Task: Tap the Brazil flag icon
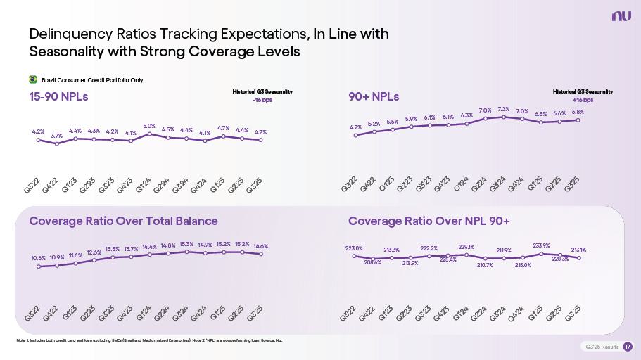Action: tap(32, 79)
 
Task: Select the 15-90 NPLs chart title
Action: tap(58, 96)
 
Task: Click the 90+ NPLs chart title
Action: tap(374, 96)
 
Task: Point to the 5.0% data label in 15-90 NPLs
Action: tap(149, 126)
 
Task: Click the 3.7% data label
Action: tap(56, 136)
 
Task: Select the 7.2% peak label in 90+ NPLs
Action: tap(504, 109)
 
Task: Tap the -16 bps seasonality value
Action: tap(262, 100)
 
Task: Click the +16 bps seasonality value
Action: tap(583, 100)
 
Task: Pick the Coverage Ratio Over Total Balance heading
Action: tap(123, 221)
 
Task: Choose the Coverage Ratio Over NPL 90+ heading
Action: tap(429, 221)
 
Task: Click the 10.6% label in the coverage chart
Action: tap(38, 258)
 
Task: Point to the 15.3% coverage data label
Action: tap(186, 244)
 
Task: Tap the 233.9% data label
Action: tap(541, 245)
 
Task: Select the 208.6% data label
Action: tap(372, 262)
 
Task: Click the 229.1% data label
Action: tap(466, 247)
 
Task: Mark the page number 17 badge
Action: tap(628, 347)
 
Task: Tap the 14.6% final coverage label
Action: tap(261, 246)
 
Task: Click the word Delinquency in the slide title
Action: tap(68, 34)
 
